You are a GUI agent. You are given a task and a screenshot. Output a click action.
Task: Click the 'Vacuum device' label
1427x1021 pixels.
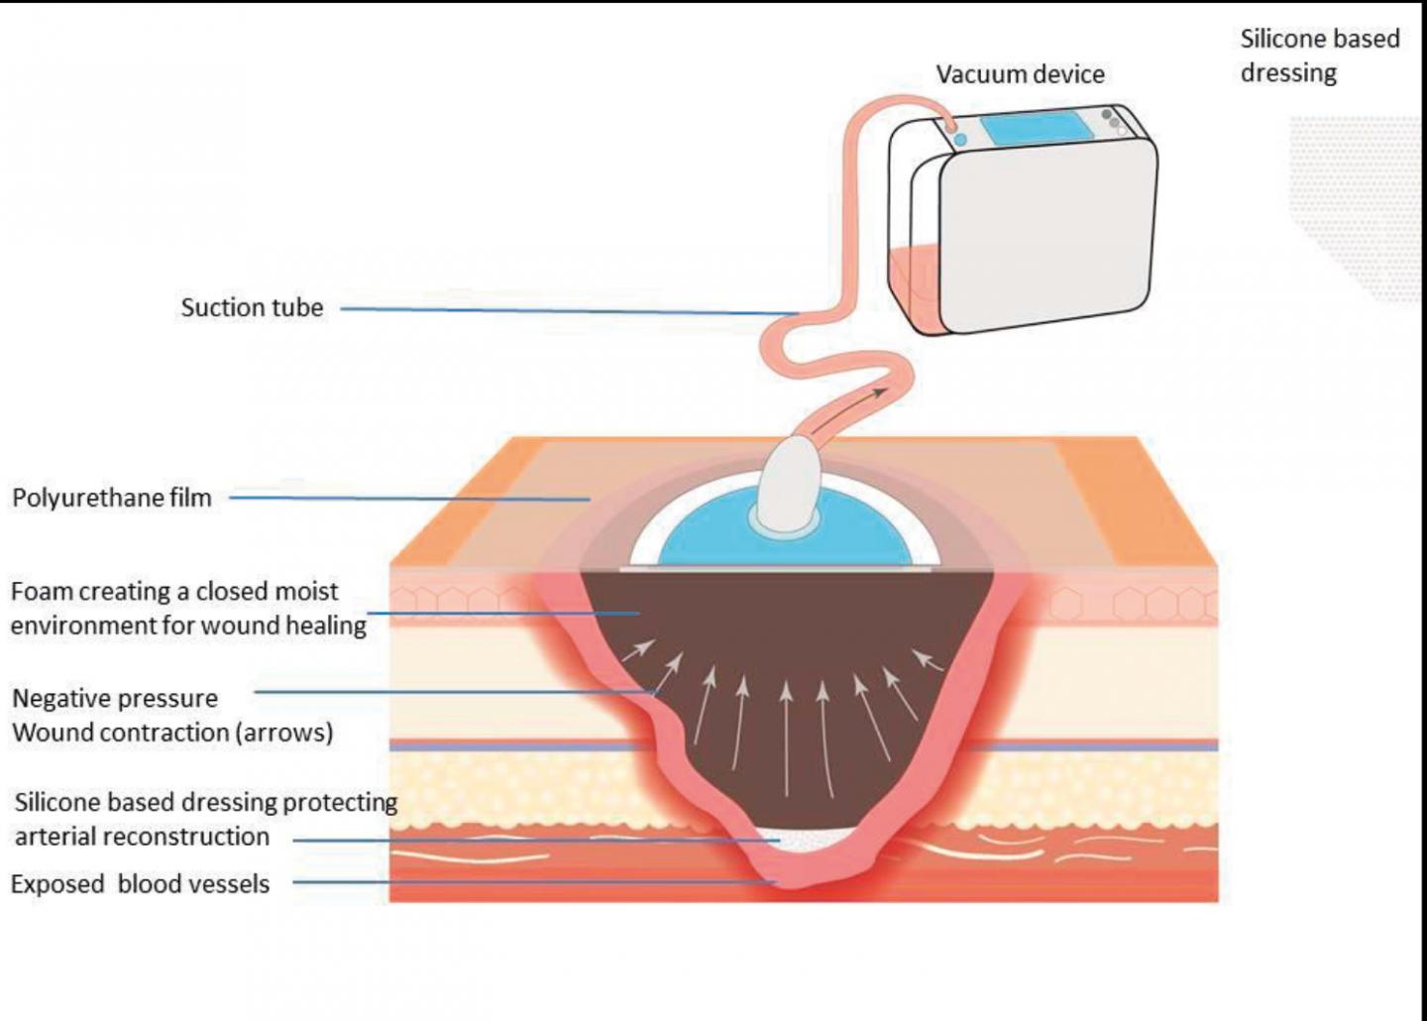point(1020,74)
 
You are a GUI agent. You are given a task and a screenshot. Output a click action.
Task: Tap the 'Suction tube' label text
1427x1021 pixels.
point(252,307)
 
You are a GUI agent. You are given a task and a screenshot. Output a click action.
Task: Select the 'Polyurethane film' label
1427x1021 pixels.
point(112,498)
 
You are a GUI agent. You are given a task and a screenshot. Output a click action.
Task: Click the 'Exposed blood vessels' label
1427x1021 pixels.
point(140,884)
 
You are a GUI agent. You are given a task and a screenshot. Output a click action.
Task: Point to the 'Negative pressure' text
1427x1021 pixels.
point(115,698)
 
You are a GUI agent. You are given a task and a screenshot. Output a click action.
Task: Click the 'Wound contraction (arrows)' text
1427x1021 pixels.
point(172,733)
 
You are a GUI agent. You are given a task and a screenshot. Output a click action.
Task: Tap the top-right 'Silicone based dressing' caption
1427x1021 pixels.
point(1319,56)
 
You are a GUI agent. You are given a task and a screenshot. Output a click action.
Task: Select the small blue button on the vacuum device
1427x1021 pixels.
point(959,140)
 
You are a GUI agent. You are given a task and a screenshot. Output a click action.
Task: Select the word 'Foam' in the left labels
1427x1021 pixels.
point(41,592)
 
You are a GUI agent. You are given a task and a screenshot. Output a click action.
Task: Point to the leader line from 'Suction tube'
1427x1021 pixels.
point(565,310)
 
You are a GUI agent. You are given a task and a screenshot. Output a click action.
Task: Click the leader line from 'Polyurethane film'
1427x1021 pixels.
point(406,498)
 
